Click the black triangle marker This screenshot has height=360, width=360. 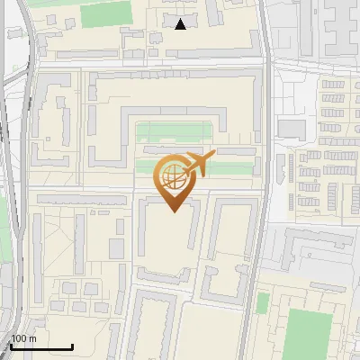(181, 24)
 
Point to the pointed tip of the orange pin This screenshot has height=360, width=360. (172, 211)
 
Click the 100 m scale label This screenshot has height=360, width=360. (22, 338)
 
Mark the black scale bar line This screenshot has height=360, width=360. (40, 346)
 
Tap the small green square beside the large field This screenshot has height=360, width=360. (262, 303)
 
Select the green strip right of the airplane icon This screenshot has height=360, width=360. (238, 166)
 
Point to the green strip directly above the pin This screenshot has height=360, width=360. (176, 132)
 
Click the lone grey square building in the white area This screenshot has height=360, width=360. (291, 128)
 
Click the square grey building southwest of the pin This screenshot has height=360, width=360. (116, 247)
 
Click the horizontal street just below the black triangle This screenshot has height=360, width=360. (180, 65)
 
